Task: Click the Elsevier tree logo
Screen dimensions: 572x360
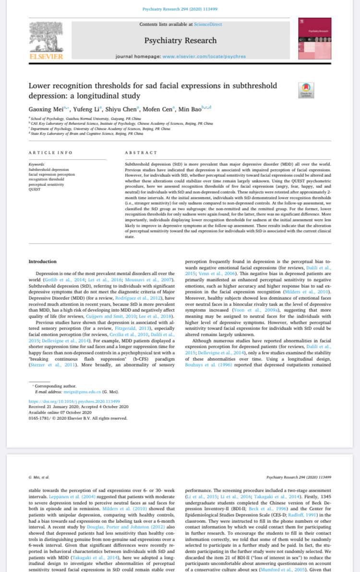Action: coord(46,40)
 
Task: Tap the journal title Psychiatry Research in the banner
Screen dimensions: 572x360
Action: coord(180,40)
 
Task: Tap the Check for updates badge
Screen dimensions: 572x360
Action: coord(306,90)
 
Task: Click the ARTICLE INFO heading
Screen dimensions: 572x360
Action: coord(51,152)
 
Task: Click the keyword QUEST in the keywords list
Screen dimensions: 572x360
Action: coord(34,189)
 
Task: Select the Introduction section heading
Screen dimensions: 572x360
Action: coord(42,261)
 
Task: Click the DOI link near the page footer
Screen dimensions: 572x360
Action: coord(74,401)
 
